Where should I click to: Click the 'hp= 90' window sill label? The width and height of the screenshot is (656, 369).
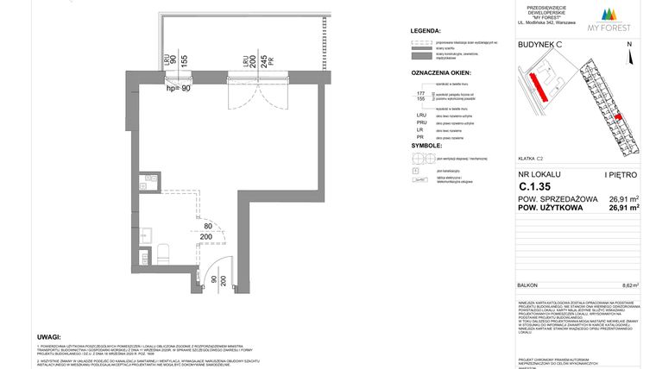178,88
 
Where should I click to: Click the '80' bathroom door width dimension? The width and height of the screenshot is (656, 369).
207,228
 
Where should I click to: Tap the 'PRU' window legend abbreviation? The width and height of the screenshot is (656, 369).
422,125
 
